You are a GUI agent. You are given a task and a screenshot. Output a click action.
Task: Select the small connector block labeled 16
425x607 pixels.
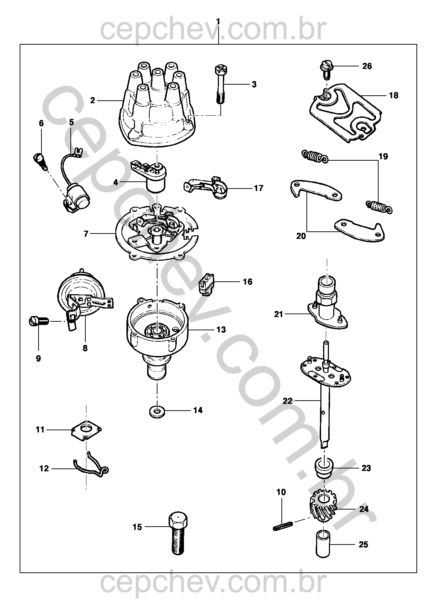pos(206,285)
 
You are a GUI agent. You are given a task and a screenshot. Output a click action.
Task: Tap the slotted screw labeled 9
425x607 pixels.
pos(38,321)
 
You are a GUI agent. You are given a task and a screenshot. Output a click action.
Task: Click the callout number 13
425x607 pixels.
pos(221,329)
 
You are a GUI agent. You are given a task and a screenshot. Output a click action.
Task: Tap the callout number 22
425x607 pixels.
pos(287,401)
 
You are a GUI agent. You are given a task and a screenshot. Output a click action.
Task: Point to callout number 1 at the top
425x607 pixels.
pos(218,22)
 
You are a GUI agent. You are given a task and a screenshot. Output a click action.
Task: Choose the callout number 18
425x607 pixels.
pos(393,95)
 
